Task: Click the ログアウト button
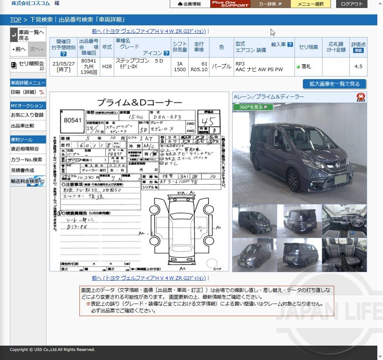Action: point(351,4)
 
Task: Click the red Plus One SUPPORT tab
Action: point(230,4)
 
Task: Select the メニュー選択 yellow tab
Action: point(310,4)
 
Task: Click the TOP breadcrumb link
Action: point(16,20)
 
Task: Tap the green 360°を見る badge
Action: point(253,107)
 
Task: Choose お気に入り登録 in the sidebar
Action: point(27,115)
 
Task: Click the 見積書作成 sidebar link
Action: point(23,170)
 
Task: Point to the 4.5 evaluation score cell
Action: point(358,67)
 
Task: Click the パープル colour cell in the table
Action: point(221,67)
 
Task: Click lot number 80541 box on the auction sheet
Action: point(73,120)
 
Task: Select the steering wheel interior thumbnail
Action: point(344,221)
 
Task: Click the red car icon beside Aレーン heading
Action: point(361,97)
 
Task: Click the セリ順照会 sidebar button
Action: point(28,65)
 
